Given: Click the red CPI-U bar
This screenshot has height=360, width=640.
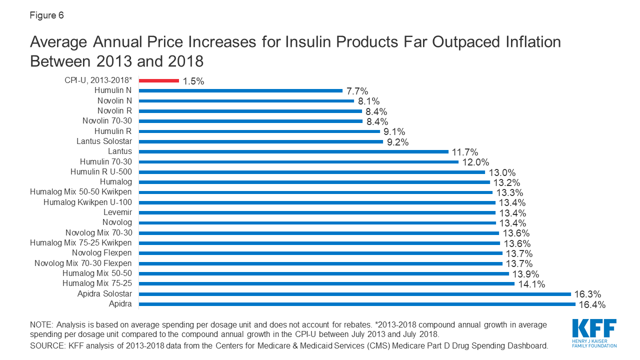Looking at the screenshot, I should click(x=158, y=80).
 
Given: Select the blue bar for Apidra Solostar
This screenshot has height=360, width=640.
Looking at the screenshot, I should click(x=354, y=293).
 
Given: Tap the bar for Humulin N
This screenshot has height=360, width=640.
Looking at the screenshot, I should click(x=240, y=90).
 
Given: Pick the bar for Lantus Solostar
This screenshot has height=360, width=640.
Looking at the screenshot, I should click(x=260, y=141).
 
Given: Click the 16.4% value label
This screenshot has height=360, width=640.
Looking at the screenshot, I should click(x=592, y=304).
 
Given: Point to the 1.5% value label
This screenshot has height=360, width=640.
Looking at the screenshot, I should click(x=193, y=81).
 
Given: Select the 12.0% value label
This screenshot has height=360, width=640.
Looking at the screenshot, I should click(x=475, y=162).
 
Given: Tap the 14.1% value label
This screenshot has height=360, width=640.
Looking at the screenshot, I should click(x=531, y=284).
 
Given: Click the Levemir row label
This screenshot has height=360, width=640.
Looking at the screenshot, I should click(x=117, y=212).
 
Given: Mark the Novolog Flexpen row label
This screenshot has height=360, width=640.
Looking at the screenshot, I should click(x=102, y=253).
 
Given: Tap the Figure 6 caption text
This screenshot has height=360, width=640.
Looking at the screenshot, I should click(x=46, y=15).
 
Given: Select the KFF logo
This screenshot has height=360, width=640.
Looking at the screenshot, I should click(x=594, y=332).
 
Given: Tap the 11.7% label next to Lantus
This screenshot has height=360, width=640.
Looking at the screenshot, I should click(x=465, y=152).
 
